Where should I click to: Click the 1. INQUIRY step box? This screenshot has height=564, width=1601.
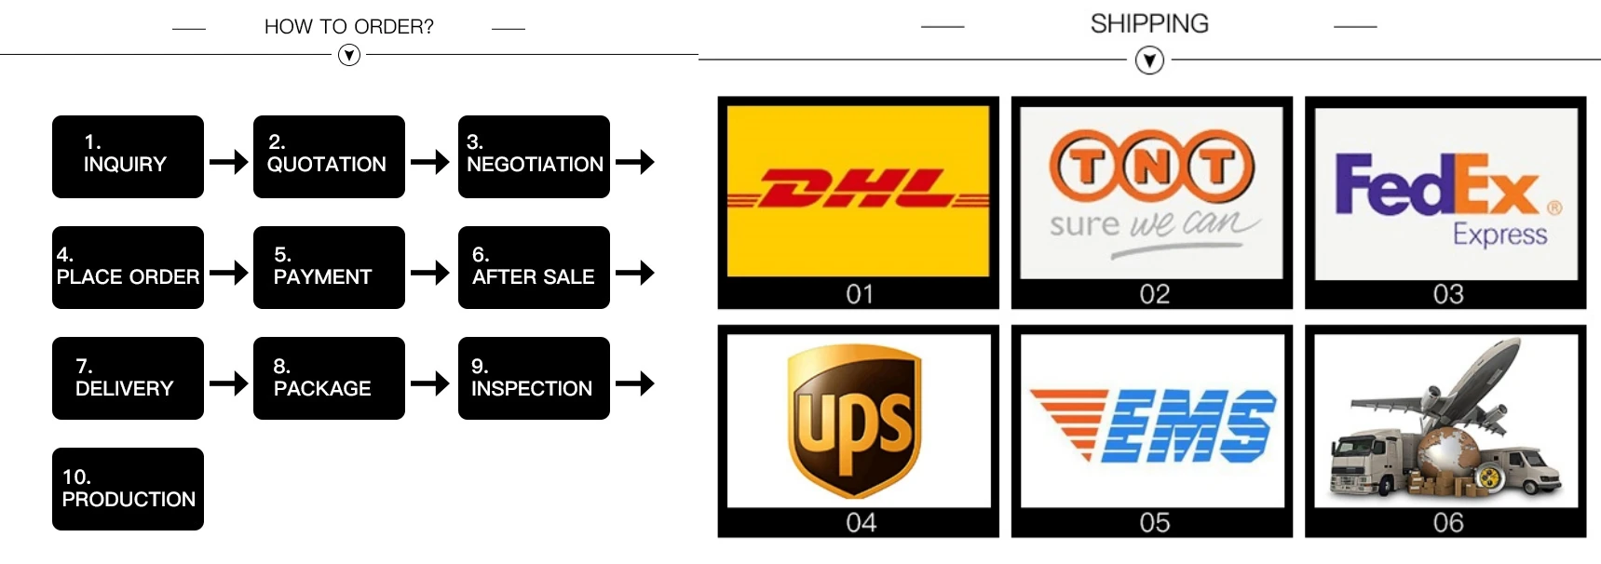click(x=128, y=156)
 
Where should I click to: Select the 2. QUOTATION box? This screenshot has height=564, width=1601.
click(x=329, y=156)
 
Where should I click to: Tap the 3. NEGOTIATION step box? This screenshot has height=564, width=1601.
click(x=534, y=156)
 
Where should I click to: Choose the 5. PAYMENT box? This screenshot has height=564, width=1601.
click(x=329, y=267)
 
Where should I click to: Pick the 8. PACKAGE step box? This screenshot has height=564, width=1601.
click(x=329, y=378)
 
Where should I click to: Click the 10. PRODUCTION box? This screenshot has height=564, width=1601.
click(x=128, y=489)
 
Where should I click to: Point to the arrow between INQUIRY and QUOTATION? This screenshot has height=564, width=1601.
click(x=228, y=162)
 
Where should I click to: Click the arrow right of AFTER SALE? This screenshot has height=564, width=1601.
click(x=634, y=273)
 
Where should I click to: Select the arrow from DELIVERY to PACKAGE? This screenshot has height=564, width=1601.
click(x=228, y=383)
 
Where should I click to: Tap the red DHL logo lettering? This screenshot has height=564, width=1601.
click(x=858, y=190)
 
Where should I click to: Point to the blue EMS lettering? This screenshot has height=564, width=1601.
click(x=1188, y=426)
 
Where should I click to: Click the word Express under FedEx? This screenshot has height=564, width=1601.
click(x=1499, y=234)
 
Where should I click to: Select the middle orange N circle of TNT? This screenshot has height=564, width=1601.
click(x=1152, y=168)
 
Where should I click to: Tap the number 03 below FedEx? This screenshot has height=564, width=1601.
click(x=1448, y=294)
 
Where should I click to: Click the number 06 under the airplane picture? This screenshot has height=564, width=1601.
click(x=1448, y=522)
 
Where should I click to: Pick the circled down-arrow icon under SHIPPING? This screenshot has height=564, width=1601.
click(x=1149, y=61)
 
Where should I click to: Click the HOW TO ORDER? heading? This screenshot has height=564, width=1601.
click(x=348, y=27)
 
